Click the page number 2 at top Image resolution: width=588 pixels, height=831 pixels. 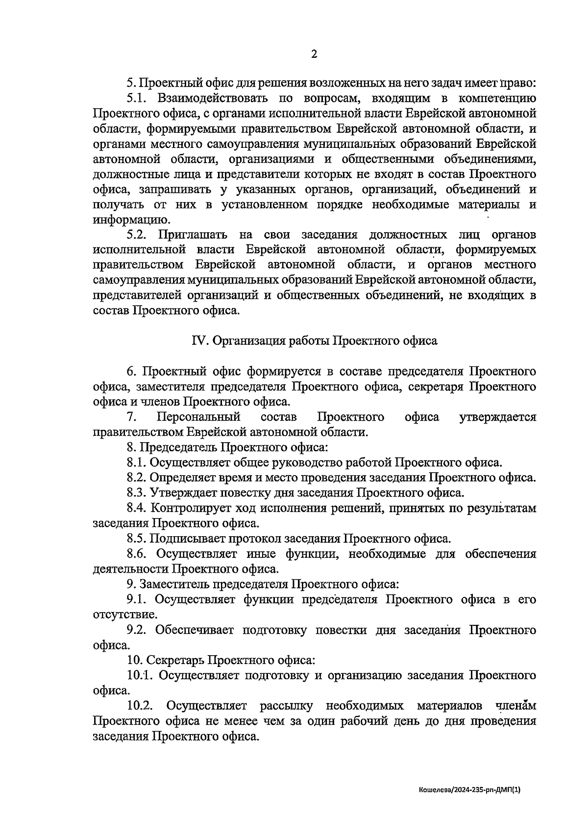[314, 54]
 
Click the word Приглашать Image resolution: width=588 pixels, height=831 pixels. [192, 235]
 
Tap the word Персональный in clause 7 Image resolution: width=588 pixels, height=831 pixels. [198, 417]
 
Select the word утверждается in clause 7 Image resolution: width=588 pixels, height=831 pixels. [497, 417]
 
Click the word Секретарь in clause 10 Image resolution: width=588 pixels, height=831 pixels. [174, 660]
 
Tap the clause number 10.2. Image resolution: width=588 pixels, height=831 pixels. [140, 706]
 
